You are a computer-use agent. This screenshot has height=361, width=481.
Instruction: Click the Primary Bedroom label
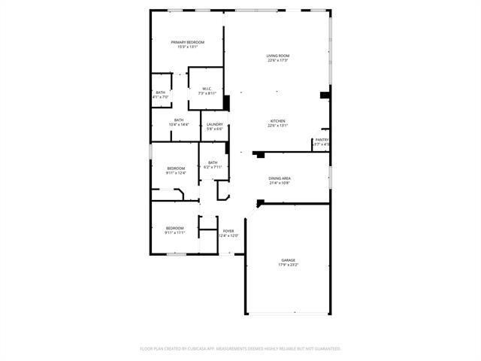(x=187, y=42)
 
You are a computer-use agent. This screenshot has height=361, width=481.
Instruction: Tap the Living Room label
(x=277, y=56)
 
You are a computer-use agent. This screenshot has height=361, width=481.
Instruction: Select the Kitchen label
(x=277, y=121)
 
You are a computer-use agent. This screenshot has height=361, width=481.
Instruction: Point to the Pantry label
(x=322, y=139)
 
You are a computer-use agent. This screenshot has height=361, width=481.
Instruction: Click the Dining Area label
(x=280, y=178)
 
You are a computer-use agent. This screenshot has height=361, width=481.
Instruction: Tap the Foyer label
(x=228, y=231)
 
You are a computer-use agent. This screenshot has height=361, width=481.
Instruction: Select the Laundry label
(x=215, y=124)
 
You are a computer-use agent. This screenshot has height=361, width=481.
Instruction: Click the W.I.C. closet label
(x=207, y=89)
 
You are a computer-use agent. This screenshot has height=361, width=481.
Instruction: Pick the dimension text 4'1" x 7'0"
(x=161, y=97)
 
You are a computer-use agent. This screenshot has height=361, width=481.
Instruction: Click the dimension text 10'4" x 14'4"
(x=179, y=124)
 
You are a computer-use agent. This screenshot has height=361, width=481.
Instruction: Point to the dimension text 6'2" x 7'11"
(x=213, y=167)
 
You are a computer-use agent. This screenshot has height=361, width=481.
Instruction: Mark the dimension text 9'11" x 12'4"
(x=176, y=173)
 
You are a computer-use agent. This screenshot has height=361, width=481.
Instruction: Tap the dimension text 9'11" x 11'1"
(x=174, y=232)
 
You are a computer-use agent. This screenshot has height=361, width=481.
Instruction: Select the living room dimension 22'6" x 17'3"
(x=277, y=61)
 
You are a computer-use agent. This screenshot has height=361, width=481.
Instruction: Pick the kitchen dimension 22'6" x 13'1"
(x=277, y=126)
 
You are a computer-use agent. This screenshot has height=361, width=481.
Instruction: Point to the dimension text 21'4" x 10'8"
(x=280, y=183)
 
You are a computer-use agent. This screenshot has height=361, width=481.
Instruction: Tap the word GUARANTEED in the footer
(x=324, y=349)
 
